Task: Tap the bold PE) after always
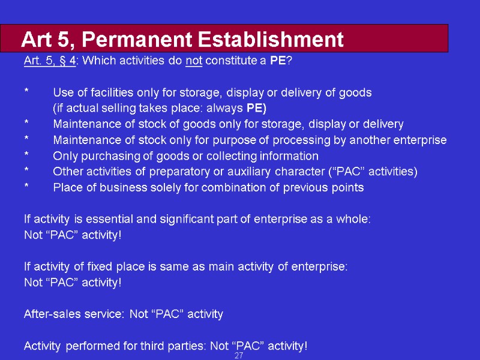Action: point(257,108)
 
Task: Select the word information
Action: point(289,156)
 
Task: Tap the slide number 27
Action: point(239,356)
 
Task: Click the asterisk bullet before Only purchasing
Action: point(26,157)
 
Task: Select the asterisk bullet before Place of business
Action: point(26,188)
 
